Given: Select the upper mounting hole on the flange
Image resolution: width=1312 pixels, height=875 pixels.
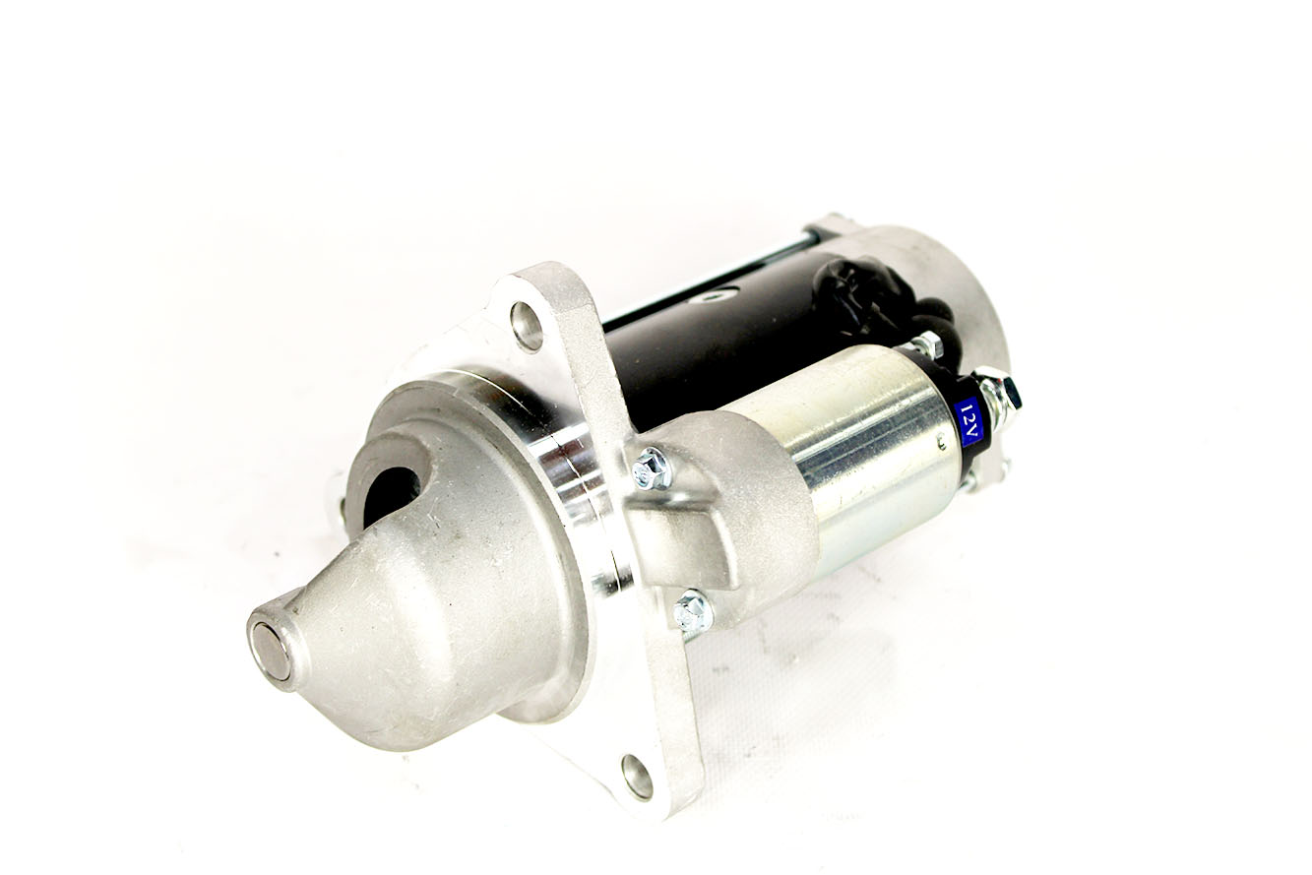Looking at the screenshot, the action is tap(526, 326).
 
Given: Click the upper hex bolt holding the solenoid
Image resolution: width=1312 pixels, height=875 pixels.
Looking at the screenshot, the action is tap(652, 468).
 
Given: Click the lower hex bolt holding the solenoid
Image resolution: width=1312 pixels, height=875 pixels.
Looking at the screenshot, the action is tap(693, 610).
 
